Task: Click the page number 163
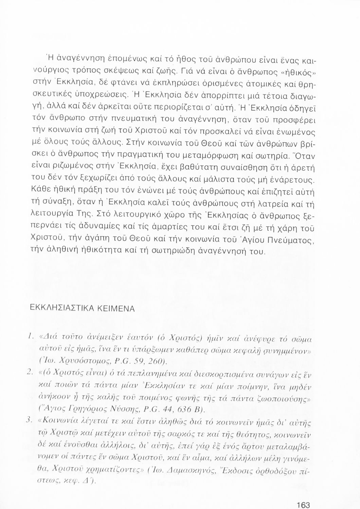point(303,505)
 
